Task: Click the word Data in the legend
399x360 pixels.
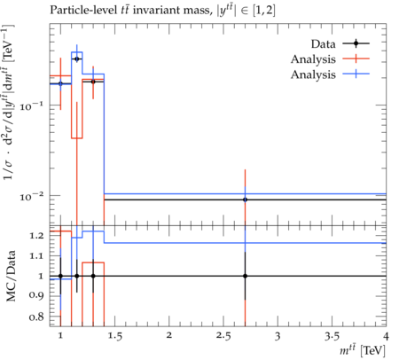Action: pos(323,44)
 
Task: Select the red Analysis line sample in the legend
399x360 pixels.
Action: pos(356,59)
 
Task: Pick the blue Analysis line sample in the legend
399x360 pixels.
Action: pos(356,74)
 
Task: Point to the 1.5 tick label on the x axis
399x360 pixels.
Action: pos(114,336)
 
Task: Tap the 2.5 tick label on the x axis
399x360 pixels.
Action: pos(223,336)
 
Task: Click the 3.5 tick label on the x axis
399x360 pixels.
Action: pos(332,336)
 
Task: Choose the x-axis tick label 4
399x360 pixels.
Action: pos(386,336)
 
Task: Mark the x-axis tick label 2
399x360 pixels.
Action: pos(168,335)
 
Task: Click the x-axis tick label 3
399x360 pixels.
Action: pos(278,336)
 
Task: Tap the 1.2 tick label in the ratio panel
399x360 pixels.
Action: pos(36,236)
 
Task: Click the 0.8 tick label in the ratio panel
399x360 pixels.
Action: pos(36,317)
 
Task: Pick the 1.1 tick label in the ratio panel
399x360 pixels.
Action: pos(36,255)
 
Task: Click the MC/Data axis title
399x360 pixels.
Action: pos(11,276)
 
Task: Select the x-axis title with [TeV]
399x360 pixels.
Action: pos(363,350)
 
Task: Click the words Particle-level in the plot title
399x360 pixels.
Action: pos(82,10)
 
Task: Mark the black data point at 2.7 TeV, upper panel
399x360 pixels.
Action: pos(245,200)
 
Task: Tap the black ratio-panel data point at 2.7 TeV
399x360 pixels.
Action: pos(245,276)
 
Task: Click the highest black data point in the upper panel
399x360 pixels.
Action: pos(77,59)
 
